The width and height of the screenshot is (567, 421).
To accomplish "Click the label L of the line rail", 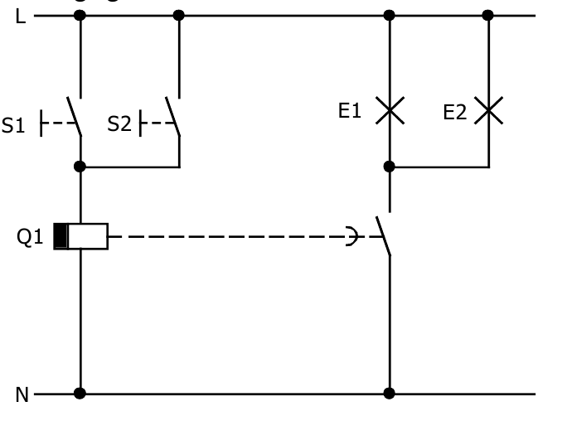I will (19, 16).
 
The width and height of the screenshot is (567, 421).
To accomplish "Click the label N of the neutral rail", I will (21, 394).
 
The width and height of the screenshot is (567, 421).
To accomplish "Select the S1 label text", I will (12, 125).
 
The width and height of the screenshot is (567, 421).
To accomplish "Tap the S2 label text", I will (119, 124).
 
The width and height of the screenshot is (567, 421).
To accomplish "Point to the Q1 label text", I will (30, 237).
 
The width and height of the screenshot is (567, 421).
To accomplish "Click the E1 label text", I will (350, 111).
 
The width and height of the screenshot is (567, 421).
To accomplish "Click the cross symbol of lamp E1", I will (390, 110).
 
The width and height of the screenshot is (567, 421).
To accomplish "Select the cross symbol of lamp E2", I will (488, 110).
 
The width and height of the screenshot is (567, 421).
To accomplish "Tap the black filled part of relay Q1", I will (61, 236).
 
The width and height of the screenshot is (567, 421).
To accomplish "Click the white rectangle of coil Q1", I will (88, 236).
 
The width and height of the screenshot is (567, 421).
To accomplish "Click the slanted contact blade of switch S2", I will (173, 117).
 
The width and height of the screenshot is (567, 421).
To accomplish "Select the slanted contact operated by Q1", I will (383, 236).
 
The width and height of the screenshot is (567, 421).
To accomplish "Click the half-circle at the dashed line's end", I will (352, 236).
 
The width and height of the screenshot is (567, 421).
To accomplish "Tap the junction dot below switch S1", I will (80, 167).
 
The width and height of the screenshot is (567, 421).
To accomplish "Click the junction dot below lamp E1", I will (390, 167).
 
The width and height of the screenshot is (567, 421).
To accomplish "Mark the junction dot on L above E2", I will (487, 15).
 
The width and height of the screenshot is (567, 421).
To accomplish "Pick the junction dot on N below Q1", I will (80, 394).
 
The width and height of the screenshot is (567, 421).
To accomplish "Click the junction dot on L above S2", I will (179, 15).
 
